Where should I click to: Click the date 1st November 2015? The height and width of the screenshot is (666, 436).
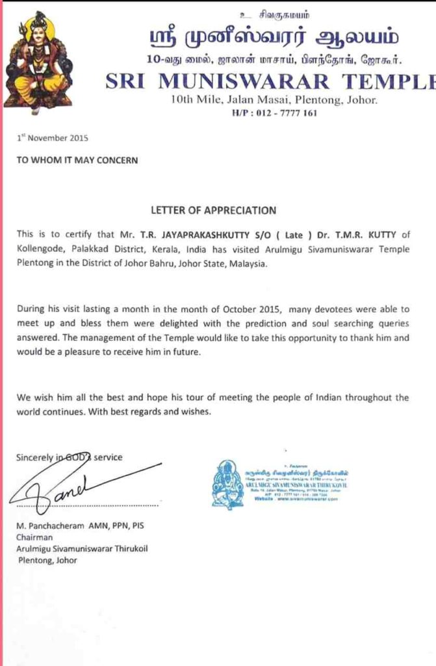(52, 138)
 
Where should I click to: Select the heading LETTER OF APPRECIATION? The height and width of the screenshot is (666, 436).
(213, 211)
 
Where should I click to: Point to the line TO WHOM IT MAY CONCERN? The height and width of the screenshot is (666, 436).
(77, 160)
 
